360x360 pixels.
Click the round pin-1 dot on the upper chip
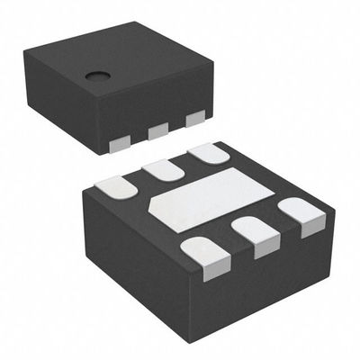click(95, 76)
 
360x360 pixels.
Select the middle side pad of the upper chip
click(157, 130)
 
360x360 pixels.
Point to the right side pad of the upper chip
click(194, 119)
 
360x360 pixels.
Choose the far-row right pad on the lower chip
click(207, 153)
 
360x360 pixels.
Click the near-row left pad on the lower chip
click(203, 251)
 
